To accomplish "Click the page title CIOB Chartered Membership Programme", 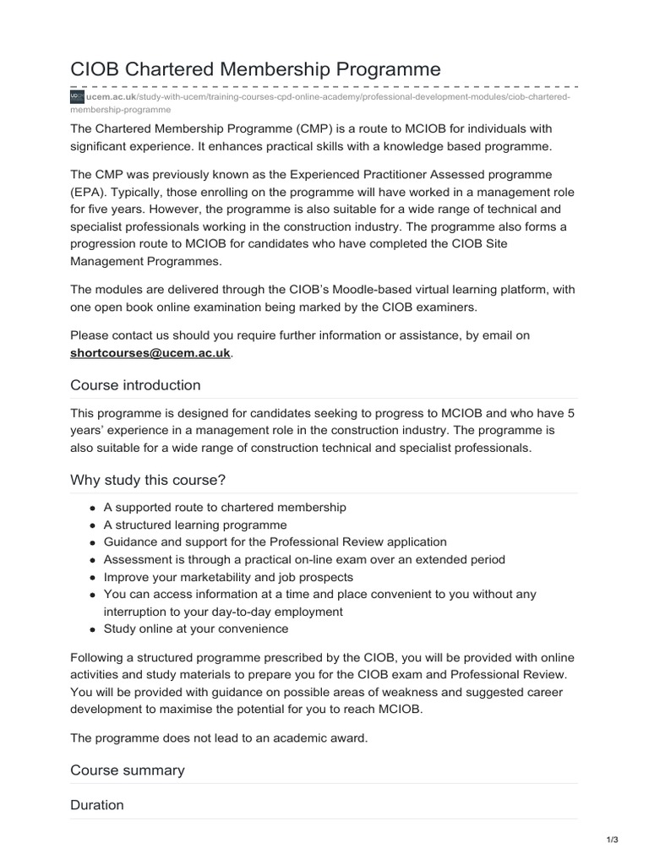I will coord(255,69).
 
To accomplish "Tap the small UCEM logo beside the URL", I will coord(77,97).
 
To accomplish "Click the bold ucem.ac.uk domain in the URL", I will coord(106,97).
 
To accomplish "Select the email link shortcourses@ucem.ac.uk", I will coord(150,353).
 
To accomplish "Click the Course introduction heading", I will coord(135,385).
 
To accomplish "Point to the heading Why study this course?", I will coord(148,481).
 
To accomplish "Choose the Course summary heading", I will coord(127,770).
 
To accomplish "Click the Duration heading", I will coord(96,805).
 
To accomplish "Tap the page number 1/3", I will coord(613,840).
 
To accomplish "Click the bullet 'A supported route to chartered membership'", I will coord(225,507).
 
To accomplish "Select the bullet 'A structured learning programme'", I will coord(194,525).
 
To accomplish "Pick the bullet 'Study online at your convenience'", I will coord(195,628).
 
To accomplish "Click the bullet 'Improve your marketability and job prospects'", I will coord(228,577).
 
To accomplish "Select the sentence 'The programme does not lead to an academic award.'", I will coord(219,737).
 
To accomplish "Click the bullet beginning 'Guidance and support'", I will coord(275,541).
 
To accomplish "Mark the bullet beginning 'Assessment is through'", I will coord(304,559).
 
